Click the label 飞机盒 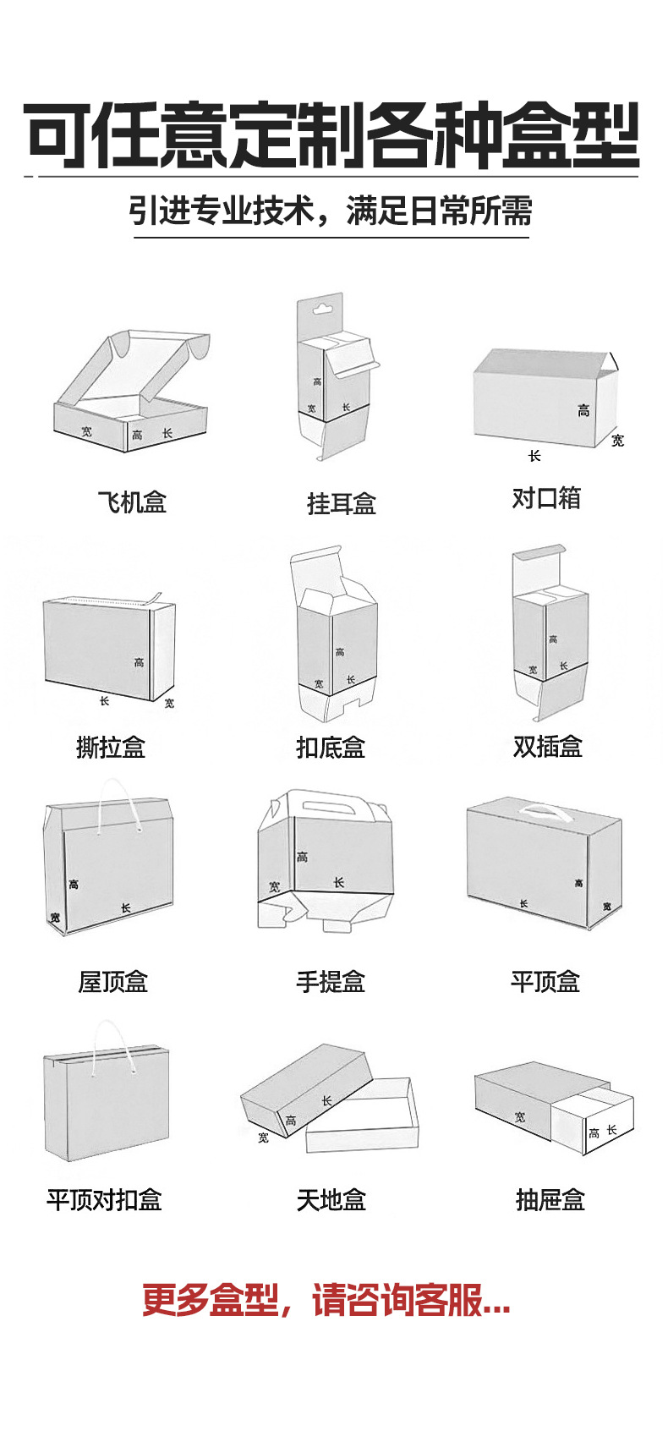click(132, 502)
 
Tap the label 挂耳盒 click(341, 504)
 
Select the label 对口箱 click(546, 498)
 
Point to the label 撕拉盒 click(111, 747)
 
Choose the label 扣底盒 click(331, 747)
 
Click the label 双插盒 click(547, 746)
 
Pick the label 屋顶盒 click(113, 982)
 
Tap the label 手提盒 click(331, 982)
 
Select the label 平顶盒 click(545, 982)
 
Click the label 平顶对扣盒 click(104, 1199)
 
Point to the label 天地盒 click(331, 1199)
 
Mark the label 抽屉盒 click(550, 1199)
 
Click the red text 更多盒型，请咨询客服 click(326, 1300)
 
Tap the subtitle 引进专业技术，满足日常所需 click(331, 211)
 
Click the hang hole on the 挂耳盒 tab click(321, 309)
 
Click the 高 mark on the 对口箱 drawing click(583, 411)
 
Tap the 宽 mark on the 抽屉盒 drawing click(520, 1117)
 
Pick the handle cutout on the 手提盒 click(328, 805)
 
